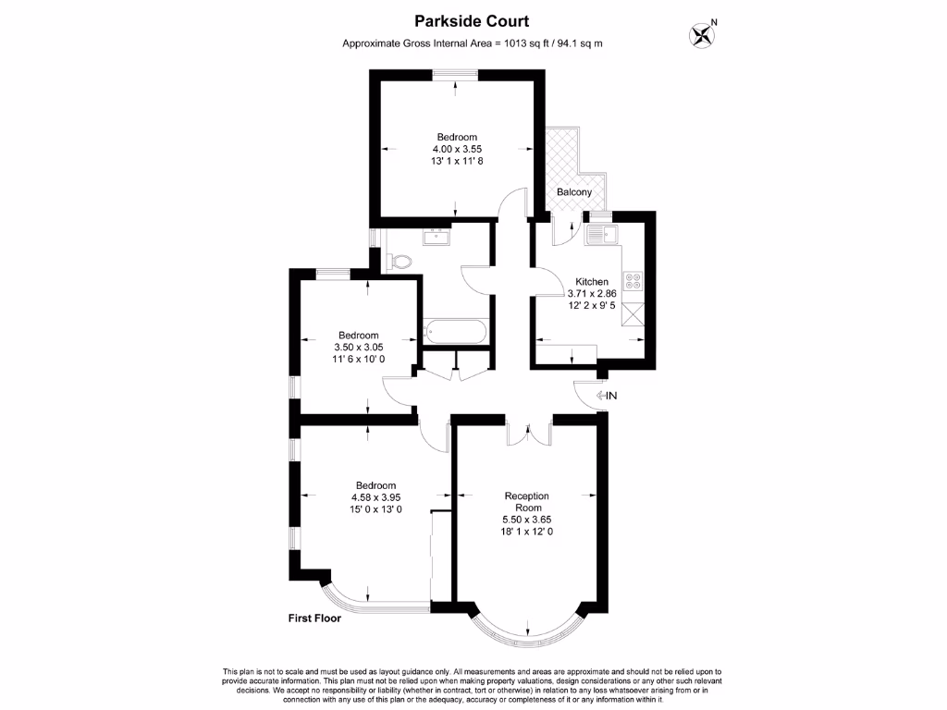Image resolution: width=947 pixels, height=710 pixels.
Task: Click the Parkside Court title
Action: [x=473, y=21]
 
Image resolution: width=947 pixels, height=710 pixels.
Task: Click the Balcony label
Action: [x=573, y=192]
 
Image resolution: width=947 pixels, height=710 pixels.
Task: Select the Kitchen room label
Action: [x=592, y=282]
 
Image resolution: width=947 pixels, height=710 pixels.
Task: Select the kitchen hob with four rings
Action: [x=634, y=280]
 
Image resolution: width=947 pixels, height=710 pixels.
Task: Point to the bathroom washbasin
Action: [x=435, y=237]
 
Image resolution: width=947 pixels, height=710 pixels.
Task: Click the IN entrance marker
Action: [x=606, y=396]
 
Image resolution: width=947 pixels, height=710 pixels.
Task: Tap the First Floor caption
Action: [x=314, y=618]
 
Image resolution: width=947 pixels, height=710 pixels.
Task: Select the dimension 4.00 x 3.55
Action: [x=457, y=149]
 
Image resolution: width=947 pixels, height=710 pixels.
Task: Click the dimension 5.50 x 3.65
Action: [x=526, y=520]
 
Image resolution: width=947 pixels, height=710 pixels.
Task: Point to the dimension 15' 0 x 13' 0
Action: [x=376, y=509]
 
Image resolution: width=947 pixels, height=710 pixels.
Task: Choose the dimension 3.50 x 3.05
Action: [x=358, y=347]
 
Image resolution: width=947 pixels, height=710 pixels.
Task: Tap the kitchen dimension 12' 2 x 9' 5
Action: [x=592, y=306]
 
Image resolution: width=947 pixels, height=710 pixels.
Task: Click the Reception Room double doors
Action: [x=529, y=433]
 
